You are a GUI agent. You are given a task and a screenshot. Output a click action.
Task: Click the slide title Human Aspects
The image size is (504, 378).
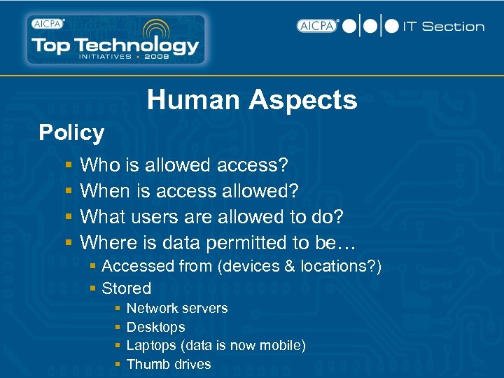click(x=252, y=100)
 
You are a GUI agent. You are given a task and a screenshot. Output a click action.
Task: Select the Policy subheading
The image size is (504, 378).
click(x=71, y=132)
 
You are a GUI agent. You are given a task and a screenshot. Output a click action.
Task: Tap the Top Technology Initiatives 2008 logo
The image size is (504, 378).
click(x=115, y=40)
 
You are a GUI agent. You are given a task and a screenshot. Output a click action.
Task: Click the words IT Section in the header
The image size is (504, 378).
click(x=444, y=27)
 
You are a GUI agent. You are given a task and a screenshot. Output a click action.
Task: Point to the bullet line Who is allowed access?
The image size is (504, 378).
click(x=184, y=165)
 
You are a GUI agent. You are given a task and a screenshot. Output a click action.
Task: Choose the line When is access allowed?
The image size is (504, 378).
click(x=189, y=191)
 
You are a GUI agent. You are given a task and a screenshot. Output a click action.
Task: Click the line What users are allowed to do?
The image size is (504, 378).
click(x=211, y=217)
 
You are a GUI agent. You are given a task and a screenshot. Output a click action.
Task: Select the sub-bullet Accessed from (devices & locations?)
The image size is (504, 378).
click(x=241, y=266)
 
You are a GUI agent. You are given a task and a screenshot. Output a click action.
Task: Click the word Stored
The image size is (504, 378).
click(x=126, y=288)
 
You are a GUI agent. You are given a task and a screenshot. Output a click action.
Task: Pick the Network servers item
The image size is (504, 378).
click(x=177, y=308)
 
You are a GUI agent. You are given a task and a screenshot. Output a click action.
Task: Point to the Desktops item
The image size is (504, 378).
click(x=155, y=327)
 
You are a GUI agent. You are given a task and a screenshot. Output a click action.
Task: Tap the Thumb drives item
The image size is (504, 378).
click(x=169, y=364)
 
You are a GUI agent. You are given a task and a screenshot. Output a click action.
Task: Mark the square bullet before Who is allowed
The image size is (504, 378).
click(x=69, y=166)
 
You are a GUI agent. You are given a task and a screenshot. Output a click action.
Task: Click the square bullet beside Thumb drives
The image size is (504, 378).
click(x=118, y=365)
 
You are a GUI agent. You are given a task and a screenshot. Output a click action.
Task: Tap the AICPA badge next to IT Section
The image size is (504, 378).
click(x=317, y=26)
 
